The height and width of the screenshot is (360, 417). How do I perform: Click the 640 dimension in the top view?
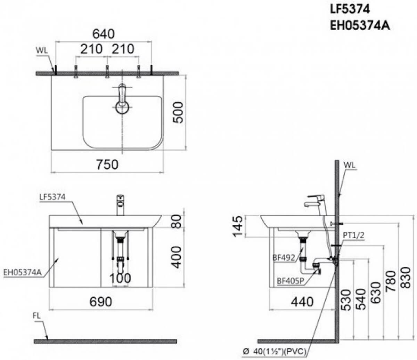tap(103, 34)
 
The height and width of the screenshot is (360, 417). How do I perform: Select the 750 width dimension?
tap(107, 165)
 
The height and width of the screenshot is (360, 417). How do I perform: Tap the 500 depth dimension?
tap(178, 112)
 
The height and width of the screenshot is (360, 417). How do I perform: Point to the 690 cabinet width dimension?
tap(100, 302)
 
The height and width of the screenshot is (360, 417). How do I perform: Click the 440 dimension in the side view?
tap(302, 302)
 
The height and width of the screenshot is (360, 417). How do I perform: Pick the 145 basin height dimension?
tap(237, 226)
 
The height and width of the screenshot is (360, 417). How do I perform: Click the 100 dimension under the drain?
tap(120, 278)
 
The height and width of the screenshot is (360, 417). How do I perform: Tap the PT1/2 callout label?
tap(353, 235)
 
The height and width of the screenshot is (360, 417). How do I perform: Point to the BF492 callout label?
tap(284, 258)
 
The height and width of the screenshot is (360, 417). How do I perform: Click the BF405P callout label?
tap(290, 281)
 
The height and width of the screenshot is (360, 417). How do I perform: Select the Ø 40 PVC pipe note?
tap(275, 352)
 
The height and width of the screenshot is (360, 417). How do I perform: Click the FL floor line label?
tap(37, 316)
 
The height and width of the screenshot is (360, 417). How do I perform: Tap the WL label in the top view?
tap(42, 50)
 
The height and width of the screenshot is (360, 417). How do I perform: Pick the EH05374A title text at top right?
tap(360, 26)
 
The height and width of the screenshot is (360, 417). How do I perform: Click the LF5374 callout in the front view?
tap(52, 197)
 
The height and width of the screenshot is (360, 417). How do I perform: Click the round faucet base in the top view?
tap(122, 107)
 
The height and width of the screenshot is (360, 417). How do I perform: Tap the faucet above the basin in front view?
tap(120, 205)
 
